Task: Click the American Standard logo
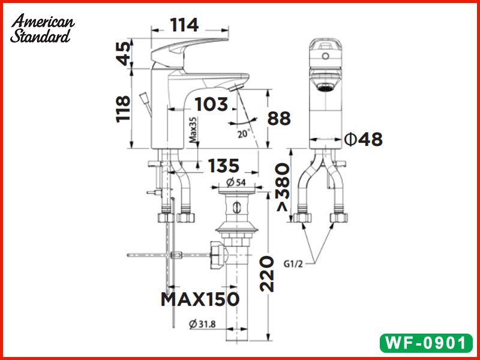pyautogui.click(x=42, y=28)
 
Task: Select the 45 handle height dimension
pyautogui.click(x=124, y=54)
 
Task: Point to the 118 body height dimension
pyautogui.click(x=123, y=109)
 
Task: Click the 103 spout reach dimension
pyautogui.click(x=211, y=104)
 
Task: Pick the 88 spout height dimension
pyautogui.click(x=279, y=118)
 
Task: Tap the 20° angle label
pyautogui.click(x=244, y=133)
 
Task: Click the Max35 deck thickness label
pyautogui.click(x=193, y=130)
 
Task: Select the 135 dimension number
pyautogui.click(x=223, y=166)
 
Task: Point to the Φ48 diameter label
pyautogui.click(x=364, y=140)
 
